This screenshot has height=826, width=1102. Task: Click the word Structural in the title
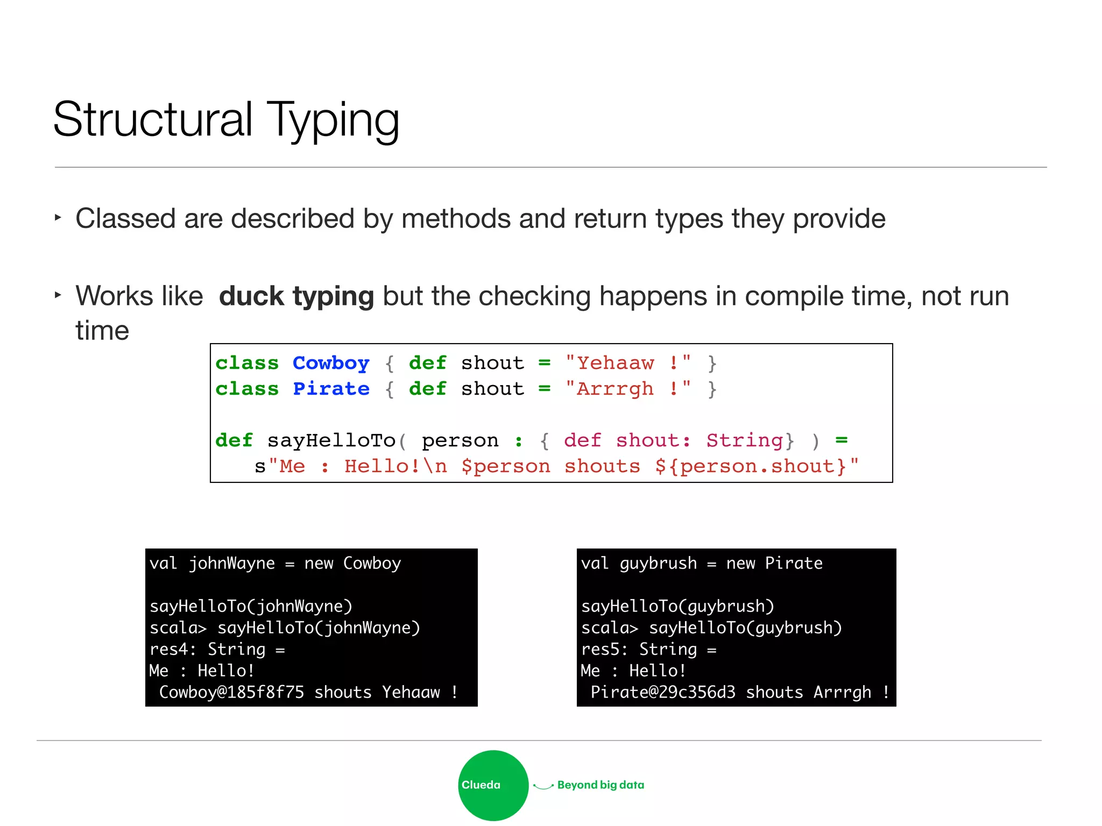(x=153, y=119)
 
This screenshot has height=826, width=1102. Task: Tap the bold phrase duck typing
(x=296, y=296)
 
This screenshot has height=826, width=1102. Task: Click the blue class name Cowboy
(x=330, y=364)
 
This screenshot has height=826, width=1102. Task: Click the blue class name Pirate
(x=330, y=389)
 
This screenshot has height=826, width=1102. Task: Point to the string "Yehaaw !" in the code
(x=628, y=364)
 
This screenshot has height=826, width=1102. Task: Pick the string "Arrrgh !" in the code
(x=628, y=389)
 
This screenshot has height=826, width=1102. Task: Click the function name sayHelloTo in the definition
(x=331, y=441)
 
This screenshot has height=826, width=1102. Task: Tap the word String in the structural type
(x=745, y=441)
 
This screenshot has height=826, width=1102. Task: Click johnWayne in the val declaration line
(x=231, y=564)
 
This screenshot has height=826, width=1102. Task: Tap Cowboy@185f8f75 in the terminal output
(x=231, y=692)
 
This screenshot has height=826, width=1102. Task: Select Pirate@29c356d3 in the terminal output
(x=663, y=692)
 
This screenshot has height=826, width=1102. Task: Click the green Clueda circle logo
(x=493, y=785)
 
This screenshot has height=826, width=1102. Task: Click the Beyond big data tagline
(x=601, y=785)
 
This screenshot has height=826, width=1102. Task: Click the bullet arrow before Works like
(x=58, y=295)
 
